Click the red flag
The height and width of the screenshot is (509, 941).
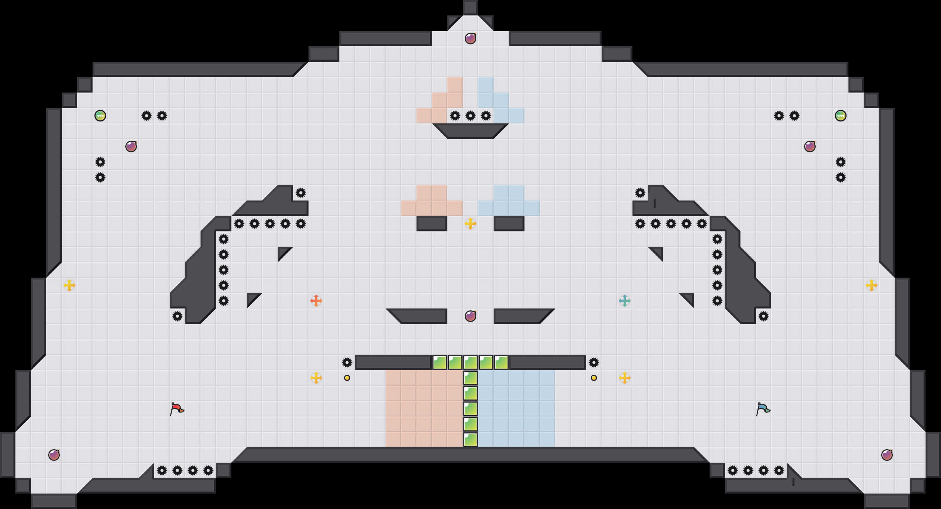pyautogui.click(x=177, y=408)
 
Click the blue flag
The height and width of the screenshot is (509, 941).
pyautogui.click(x=763, y=408)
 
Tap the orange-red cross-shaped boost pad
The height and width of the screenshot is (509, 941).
pyautogui.click(x=316, y=301)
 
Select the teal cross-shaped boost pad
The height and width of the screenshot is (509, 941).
pyautogui.click(x=625, y=301)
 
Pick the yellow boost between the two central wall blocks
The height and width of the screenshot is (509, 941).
pyautogui.click(x=470, y=224)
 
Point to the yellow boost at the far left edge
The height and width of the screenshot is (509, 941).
pyautogui.click(x=69, y=285)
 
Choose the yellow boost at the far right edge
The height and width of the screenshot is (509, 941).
pyautogui.click(x=872, y=285)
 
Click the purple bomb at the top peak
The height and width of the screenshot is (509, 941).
pyautogui.click(x=470, y=39)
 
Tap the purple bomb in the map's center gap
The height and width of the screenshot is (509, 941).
pyautogui.click(x=470, y=316)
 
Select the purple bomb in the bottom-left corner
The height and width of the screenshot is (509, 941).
pyautogui.click(x=54, y=455)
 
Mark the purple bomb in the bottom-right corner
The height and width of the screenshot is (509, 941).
pyautogui.click(x=887, y=455)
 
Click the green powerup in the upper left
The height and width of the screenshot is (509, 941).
pyautogui.click(x=100, y=116)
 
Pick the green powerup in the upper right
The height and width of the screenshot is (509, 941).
pyautogui.click(x=841, y=116)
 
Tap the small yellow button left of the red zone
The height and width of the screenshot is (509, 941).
pyautogui.click(x=347, y=378)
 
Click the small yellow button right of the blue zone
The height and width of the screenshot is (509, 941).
pyautogui.click(x=594, y=378)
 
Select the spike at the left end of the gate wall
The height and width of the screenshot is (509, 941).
pyautogui.click(x=347, y=362)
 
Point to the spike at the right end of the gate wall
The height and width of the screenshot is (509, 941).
pyautogui.click(x=594, y=362)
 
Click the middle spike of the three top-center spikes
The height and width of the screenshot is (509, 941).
pyautogui.click(x=470, y=116)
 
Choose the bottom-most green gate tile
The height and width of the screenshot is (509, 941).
pyautogui.click(x=470, y=440)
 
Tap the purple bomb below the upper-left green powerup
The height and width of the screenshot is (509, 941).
pyautogui.click(x=131, y=147)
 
